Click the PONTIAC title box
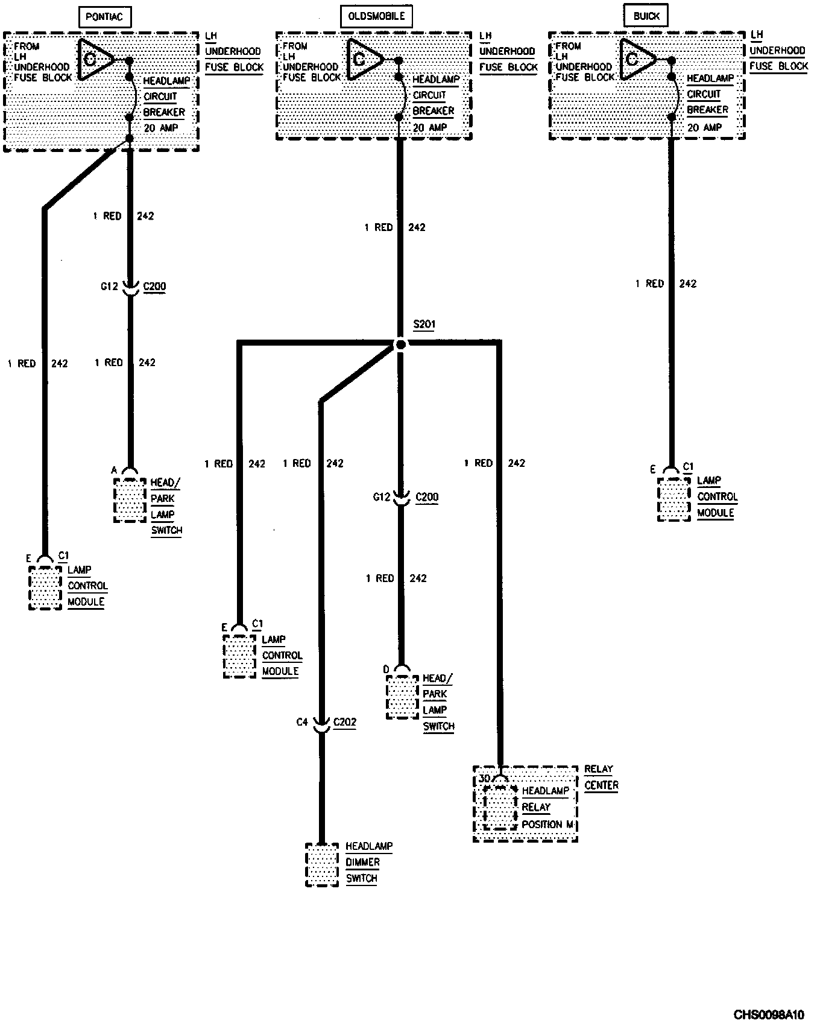(x=104, y=17)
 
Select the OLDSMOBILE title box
(x=376, y=17)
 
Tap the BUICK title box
(x=646, y=16)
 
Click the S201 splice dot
(x=400, y=344)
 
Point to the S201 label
(x=424, y=325)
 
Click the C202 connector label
(x=345, y=722)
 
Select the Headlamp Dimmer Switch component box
(x=322, y=864)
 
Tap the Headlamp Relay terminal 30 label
(x=484, y=779)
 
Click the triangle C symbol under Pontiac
(x=95, y=59)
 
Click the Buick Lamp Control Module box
(x=673, y=499)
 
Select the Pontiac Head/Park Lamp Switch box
(x=130, y=500)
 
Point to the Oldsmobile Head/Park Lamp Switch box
(x=402, y=697)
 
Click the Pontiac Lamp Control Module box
(x=45, y=587)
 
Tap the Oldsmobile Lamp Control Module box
(x=239, y=656)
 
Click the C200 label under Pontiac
(x=154, y=287)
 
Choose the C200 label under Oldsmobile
(x=427, y=497)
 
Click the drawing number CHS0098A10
(x=768, y=1014)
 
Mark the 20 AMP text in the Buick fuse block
(x=704, y=127)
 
